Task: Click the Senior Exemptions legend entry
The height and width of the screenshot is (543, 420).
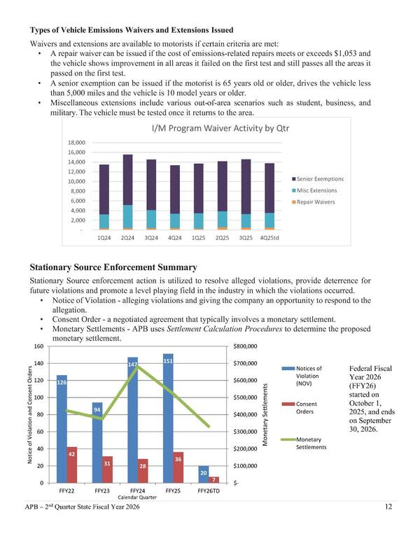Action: (315, 179)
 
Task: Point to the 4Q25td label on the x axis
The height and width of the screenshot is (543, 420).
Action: (270, 237)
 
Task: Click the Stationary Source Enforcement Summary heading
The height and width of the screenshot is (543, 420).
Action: (113, 267)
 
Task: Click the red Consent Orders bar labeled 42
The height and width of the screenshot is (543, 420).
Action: (72, 465)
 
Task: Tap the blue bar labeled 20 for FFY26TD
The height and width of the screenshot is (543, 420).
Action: (203, 474)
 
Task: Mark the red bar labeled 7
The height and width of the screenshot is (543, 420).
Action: (214, 480)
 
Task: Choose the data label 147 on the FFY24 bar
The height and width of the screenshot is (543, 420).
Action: (132, 365)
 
